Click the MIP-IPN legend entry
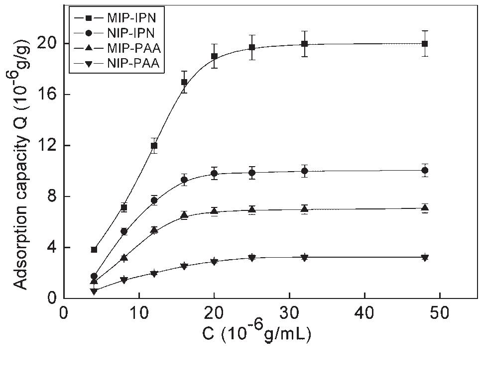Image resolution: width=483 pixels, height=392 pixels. pyautogui.click(x=117, y=18)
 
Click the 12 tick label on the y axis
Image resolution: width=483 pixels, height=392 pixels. pyautogui.click(x=48, y=145)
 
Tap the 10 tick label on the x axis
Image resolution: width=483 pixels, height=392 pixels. pyautogui.click(x=139, y=315)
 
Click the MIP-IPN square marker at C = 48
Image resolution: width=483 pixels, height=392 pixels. pyautogui.click(x=425, y=44)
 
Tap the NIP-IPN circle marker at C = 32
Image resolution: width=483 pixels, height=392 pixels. pyautogui.click(x=304, y=171)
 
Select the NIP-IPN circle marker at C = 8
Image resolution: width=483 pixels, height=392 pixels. pyautogui.click(x=124, y=232)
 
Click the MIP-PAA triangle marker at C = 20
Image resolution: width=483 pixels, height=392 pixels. pyautogui.click(x=214, y=210)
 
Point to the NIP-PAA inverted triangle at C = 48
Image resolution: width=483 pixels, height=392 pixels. pyautogui.click(x=425, y=258)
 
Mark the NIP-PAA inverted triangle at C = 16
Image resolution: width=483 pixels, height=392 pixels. pyautogui.click(x=184, y=267)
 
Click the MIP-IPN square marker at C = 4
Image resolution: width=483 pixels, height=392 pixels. pyautogui.click(x=94, y=250)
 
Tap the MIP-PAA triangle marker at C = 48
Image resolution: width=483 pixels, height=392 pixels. pyautogui.click(x=425, y=208)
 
